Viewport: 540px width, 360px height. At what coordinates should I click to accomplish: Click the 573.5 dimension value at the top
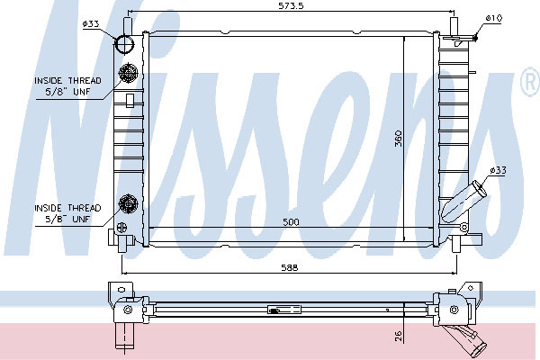pyautogui.click(x=291, y=6)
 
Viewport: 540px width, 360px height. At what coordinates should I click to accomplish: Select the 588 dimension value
pyautogui.click(x=289, y=267)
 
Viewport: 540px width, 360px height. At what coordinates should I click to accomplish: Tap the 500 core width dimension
pyautogui.click(x=291, y=222)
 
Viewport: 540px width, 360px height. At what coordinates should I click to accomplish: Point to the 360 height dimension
pyautogui.click(x=398, y=138)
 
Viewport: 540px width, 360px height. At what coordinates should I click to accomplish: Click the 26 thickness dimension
pyautogui.click(x=398, y=336)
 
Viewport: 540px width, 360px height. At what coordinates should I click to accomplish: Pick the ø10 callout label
pyautogui.click(x=494, y=18)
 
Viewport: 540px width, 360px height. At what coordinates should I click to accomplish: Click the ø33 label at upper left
pyautogui.click(x=91, y=23)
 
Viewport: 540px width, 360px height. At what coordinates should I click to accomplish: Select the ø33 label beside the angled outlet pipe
pyautogui.click(x=499, y=170)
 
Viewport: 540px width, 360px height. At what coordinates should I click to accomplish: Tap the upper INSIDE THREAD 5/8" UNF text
pyautogui.click(x=67, y=86)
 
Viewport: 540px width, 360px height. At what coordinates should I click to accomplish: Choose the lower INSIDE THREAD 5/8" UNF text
pyautogui.click(x=67, y=213)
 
